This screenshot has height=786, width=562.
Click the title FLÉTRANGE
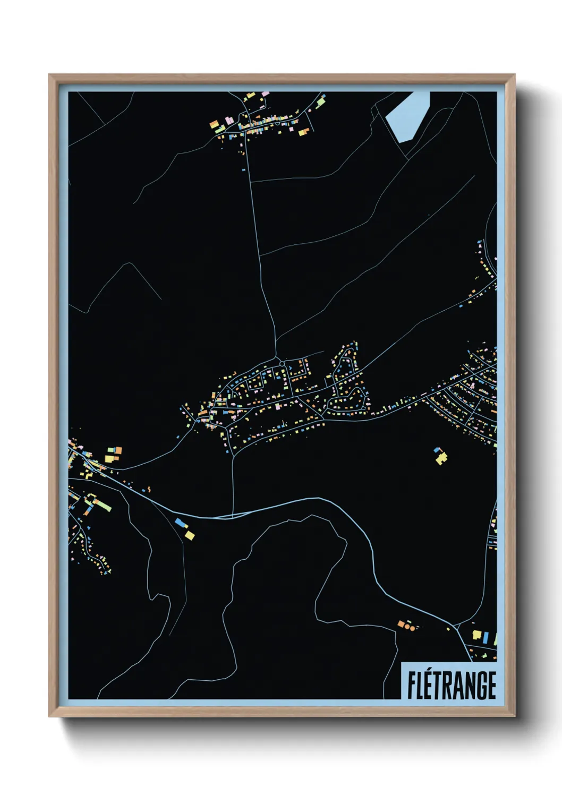[x=452, y=685]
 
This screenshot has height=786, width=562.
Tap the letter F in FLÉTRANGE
[x=411, y=686]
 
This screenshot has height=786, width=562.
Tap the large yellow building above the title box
[x=476, y=635]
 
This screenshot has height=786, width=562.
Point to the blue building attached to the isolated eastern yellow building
[x=438, y=450]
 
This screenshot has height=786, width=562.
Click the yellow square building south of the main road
[x=190, y=535]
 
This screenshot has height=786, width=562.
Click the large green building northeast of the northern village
[x=320, y=101]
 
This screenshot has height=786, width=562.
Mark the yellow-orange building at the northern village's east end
[x=303, y=132]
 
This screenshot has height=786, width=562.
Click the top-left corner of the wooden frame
[x=49, y=75]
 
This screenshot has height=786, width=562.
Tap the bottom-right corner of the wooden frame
[x=515, y=716]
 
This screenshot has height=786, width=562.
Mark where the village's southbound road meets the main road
[x=233, y=515]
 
